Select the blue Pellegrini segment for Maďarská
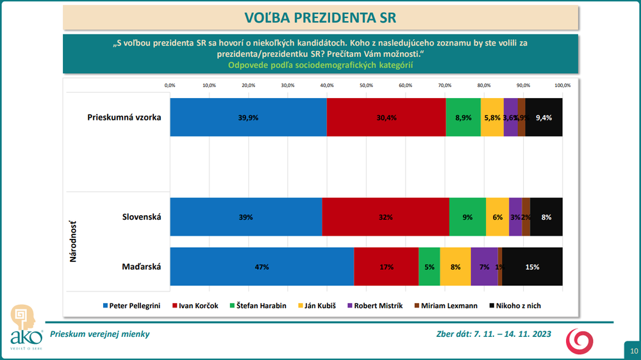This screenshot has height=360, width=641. click(x=262, y=266)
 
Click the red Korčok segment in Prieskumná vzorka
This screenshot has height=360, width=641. click(x=386, y=117)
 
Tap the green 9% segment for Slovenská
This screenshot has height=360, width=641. click(x=467, y=217)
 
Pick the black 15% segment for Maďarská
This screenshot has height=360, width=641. click(x=532, y=266)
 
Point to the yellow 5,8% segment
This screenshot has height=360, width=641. click(x=492, y=117)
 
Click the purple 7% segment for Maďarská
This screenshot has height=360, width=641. click(x=484, y=266)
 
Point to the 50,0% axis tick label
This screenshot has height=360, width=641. click(x=366, y=85)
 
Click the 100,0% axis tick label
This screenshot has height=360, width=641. click(x=562, y=85)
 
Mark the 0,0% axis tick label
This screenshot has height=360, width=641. click(x=170, y=85)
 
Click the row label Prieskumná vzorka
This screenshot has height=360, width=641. click(x=124, y=117)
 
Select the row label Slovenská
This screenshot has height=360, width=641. click(x=142, y=217)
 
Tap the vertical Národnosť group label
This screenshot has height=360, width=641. click(x=74, y=241)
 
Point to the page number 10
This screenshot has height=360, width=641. click(x=633, y=351)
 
